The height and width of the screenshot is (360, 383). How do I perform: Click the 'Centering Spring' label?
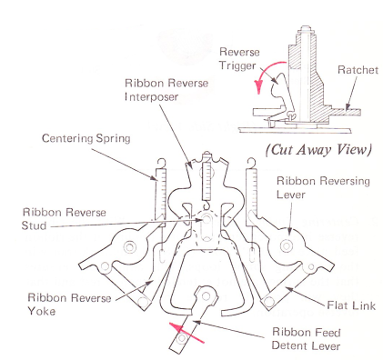pyautogui.click(x=86, y=138)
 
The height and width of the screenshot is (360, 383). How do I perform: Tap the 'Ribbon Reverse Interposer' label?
pyautogui.click(x=166, y=90)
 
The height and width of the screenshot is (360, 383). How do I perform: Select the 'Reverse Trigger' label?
pyautogui.click(x=239, y=58)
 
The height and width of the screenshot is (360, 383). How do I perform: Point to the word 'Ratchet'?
pyautogui.click(x=358, y=70)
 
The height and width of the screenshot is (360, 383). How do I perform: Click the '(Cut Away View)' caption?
pyautogui.click(x=318, y=150)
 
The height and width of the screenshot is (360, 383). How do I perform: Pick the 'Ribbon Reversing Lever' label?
pyautogui.click(x=323, y=187)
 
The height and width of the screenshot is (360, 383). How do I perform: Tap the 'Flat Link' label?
pyautogui.click(x=351, y=305)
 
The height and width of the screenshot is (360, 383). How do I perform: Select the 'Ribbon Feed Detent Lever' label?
pyautogui.click(x=307, y=339)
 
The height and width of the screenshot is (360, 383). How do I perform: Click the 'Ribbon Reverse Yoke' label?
pyautogui.click(x=69, y=305)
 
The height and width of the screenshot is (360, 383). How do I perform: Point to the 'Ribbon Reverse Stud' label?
pyautogui.click(x=64, y=219)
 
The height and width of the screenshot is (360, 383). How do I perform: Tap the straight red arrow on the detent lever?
pyautogui.click(x=186, y=333)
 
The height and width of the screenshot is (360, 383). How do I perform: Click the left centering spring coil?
pyautogui.click(x=161, y=194)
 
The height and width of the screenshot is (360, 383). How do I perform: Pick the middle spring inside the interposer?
pyautogui.click(x=207, y=181)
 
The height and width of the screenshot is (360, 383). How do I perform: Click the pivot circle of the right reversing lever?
pyautogui.click(x=286, y=245)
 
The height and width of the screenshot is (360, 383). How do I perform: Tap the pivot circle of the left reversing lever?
pyautogui.click(x=130, y=247)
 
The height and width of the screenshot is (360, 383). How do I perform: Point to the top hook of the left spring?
pyautogui.click(x=161, y=163)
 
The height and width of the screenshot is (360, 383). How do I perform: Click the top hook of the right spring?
pyautogui.click(x=251, y=163)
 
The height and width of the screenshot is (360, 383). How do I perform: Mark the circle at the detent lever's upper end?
pyautogui.click(x=207, y=296)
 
